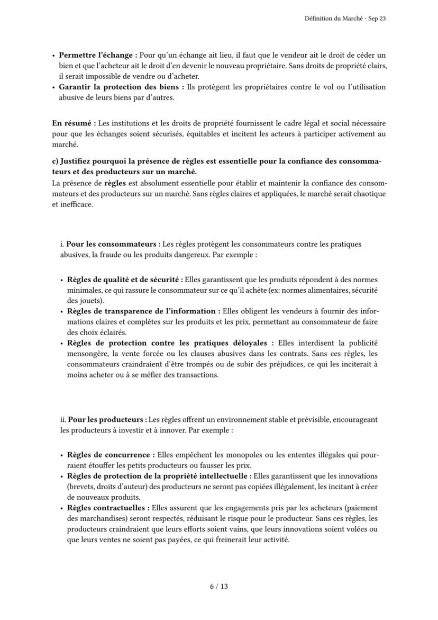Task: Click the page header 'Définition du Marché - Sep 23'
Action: [349, 19]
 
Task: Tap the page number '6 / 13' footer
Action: [219, 586]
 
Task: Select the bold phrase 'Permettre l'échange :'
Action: [98, 55]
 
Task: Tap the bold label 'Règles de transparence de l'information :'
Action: [141, 311]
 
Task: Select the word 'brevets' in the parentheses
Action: [81, 487]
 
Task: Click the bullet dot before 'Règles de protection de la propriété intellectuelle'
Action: [62, 476]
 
